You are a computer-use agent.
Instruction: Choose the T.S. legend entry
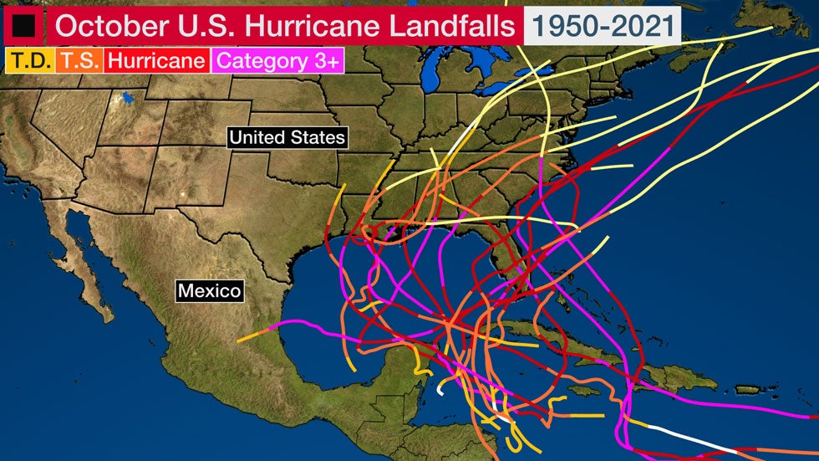coord(79,60)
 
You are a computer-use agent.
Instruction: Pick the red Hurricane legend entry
coord(156,60)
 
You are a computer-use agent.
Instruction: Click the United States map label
coord(287,137)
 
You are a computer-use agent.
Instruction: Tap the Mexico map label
coord(209,291)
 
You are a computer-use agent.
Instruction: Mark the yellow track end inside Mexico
coord(242,340)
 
